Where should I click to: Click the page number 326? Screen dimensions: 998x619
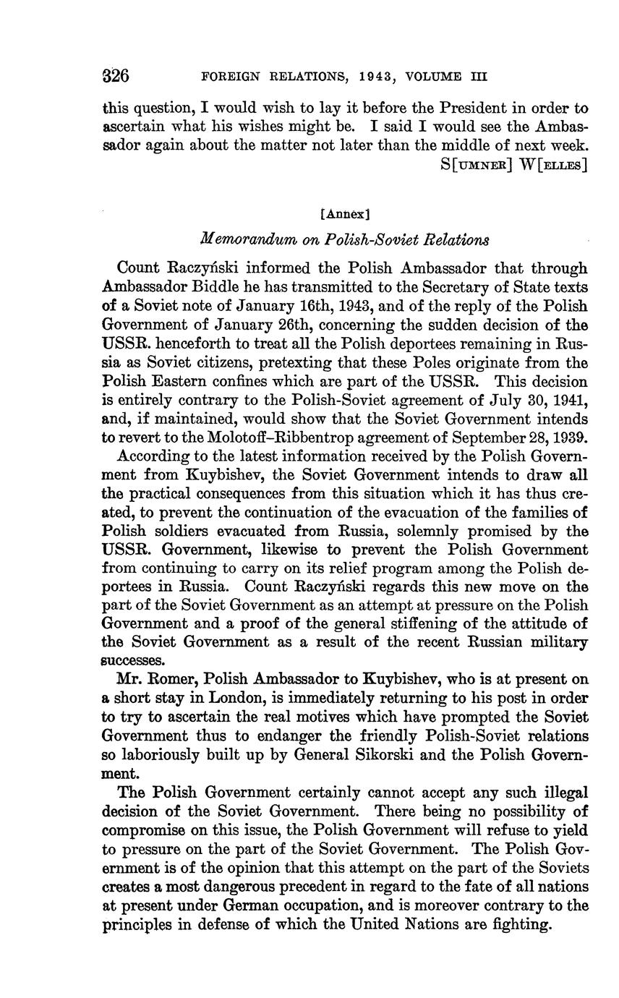[116, 75]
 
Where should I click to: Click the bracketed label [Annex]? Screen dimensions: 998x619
[345, 214]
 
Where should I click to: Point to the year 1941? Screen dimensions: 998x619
[568, 400]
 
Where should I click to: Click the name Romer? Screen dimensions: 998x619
[170, 680]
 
